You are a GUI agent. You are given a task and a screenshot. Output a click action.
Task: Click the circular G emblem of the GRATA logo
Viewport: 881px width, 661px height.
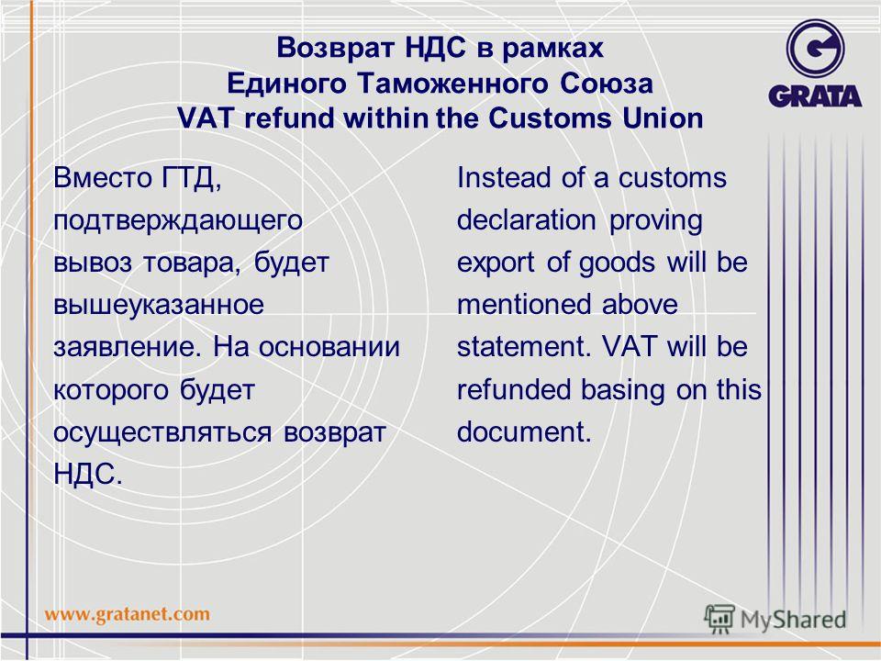click(x=815, y=49)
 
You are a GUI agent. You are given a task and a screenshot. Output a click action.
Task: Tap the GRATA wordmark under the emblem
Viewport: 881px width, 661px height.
click(x=815, y=96)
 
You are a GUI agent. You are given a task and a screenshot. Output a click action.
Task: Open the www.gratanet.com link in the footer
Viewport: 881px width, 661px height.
click(x=128, y=614)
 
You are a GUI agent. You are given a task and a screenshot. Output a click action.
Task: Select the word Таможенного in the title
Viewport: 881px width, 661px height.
click(x=452, y=84)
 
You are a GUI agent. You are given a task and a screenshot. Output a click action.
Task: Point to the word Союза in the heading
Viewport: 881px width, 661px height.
click(x=607, y=84)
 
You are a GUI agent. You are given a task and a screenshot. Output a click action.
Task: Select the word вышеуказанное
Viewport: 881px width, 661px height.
click(x=159, y=305)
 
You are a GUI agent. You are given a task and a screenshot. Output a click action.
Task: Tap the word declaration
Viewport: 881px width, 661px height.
click(x=526, y=219)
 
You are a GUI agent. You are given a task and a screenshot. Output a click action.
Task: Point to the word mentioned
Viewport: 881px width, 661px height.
click(x=524, y=305)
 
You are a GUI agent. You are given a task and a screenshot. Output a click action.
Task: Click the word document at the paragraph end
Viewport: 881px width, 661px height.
click(x=524, y=431)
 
